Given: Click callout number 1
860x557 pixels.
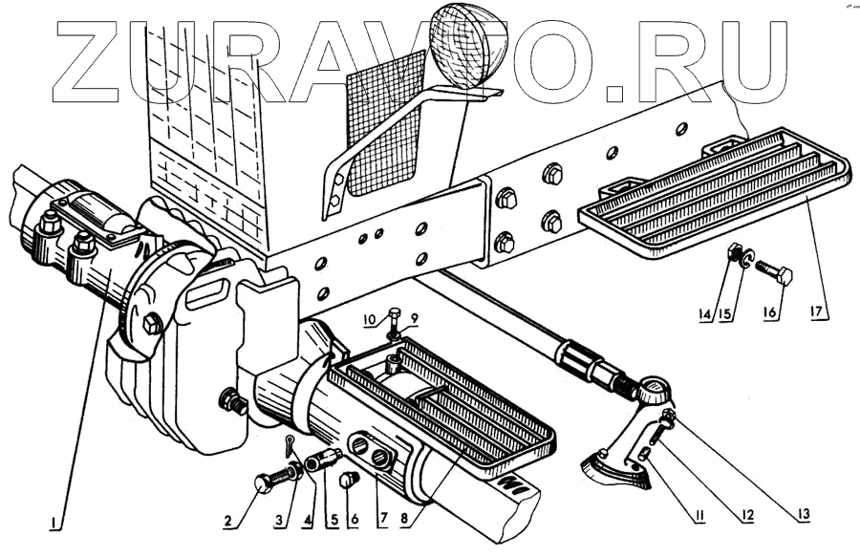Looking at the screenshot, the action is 56,524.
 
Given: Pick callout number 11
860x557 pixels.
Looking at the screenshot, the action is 699,517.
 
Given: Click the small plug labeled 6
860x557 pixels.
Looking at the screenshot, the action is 350,479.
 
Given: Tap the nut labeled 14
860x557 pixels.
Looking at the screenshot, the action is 737,255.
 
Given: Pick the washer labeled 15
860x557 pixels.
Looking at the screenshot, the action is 749,258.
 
